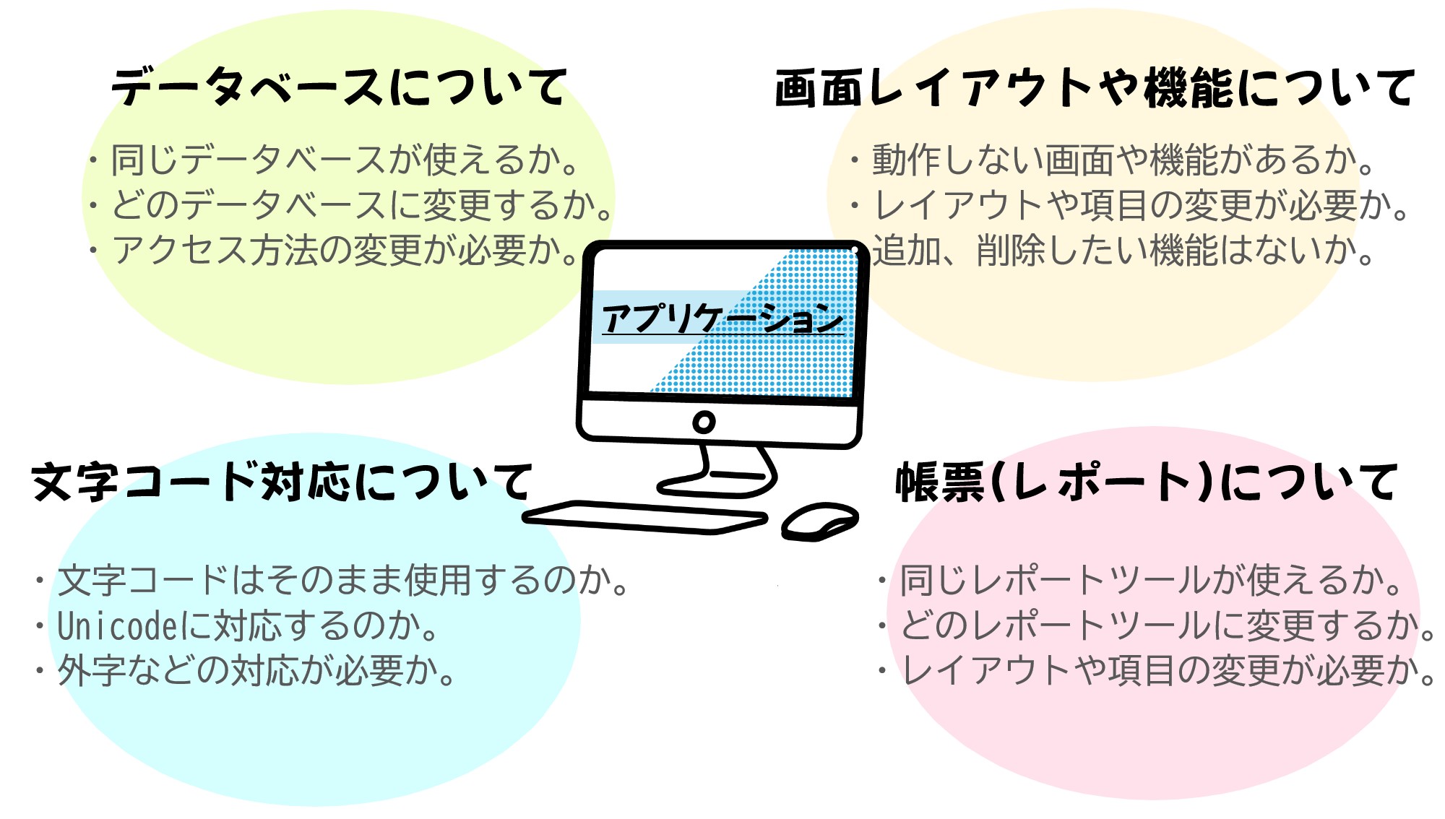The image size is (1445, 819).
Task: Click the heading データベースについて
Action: [x=338, y=87]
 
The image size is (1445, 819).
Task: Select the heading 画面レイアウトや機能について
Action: [x=1094, y=87]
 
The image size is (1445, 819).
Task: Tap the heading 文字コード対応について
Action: [x=282, y=482]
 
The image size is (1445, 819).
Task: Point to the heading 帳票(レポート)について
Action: [x=1146, y=482]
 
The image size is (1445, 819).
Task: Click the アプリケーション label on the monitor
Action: [x=722, y=318]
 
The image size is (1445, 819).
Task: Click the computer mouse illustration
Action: [x=820, y=521]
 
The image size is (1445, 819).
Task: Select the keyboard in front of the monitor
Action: [x=644, y=518]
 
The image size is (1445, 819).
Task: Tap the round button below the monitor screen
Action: [x=704, y=422]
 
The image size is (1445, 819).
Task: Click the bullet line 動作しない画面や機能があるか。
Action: [x=1113, y=160]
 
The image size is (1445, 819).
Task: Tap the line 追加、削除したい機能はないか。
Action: [x=1124, y=250]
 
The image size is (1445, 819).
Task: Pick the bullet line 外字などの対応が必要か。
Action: [x=246, y=670]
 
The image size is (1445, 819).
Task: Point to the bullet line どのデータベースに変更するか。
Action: [x=351, y=205]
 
